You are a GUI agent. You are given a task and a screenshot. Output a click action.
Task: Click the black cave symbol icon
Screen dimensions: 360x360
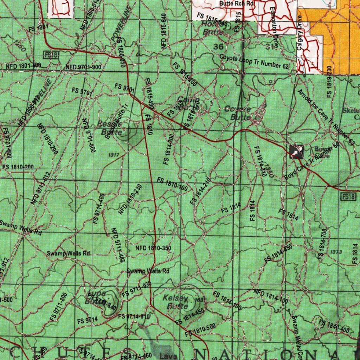pos(296,151)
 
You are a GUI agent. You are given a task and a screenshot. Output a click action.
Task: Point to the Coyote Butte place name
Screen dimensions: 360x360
pos(238,113)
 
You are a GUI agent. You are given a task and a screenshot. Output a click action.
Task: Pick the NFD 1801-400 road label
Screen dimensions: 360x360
pos(23,66)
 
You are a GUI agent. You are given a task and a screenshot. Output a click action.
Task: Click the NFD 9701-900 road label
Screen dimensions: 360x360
pos(83,67)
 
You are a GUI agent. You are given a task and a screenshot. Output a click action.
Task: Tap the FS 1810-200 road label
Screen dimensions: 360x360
pos(18,167)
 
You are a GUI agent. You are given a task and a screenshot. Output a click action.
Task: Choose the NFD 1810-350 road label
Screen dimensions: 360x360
pos(153,249)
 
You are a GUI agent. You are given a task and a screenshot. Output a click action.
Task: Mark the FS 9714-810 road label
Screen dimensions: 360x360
pos(134,316)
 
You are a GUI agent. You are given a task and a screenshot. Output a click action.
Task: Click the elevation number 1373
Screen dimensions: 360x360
pos(336,252)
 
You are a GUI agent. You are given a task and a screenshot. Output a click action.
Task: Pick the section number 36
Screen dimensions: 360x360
pos(218,46)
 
